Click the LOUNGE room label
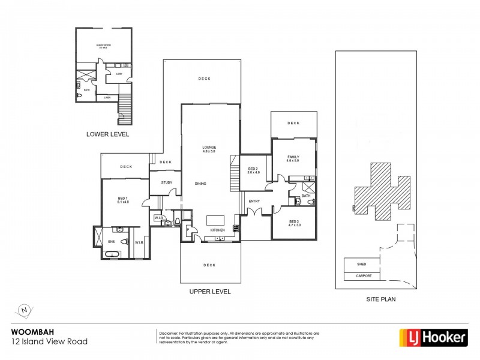tap(209, 148)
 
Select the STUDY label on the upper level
tap(167, 182)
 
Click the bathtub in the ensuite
tap(112, 255)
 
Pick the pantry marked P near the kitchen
tap(188, 230)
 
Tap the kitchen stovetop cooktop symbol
tap(236, 227)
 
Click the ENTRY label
tap(254, 201)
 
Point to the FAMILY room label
tap(293, 157)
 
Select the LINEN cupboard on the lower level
tap(107, 97)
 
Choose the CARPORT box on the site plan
tap(364, 276)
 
